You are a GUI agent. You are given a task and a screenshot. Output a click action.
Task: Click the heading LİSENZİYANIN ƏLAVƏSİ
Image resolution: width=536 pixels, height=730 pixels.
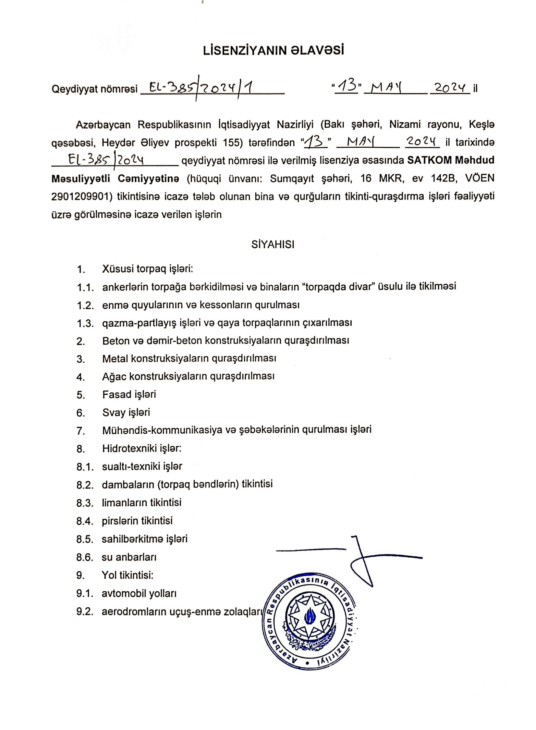pyautogui.click(x=273, y=51)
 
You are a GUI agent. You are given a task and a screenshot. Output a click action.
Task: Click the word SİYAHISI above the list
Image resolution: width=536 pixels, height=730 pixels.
pyautogui.click(x=273, y=245)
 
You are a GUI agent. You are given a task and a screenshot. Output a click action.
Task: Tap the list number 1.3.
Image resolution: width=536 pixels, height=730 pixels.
pyautogui.click(x=85, y=324)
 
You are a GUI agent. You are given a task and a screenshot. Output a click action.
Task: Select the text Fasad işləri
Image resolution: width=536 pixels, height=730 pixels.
pyautogui.click(x=129, y=395)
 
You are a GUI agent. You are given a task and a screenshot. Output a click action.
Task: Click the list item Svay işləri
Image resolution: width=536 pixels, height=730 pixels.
pyautogui.click(x=126, y=413)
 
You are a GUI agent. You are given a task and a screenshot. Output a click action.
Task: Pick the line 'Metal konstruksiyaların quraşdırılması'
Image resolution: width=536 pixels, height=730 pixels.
pyautogui.click(x=189, y=359)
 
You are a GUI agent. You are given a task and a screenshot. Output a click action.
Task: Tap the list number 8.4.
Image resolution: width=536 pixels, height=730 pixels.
pyautogui.click(x=85, y=521)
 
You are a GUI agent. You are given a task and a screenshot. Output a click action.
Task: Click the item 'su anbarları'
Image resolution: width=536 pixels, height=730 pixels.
pyautogui.click(x=129, y=557)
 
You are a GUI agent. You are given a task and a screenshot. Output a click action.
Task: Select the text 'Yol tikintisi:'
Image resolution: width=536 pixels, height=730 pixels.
pyautogui.click(x=127, y=575)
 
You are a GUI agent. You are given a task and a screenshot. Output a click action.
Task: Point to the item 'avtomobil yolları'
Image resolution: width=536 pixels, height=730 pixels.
pyautogui.click(x=139, y=593)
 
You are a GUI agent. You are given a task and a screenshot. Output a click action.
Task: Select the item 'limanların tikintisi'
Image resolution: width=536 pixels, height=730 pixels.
pyautogui.click(x=141, y=503)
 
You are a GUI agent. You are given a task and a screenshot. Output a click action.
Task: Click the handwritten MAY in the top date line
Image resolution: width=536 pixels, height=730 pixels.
pyautogui.click(x=386, y=88)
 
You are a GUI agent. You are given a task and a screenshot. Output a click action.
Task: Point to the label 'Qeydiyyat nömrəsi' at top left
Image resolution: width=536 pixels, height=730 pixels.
pyautogui.click(x=94, y=89)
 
